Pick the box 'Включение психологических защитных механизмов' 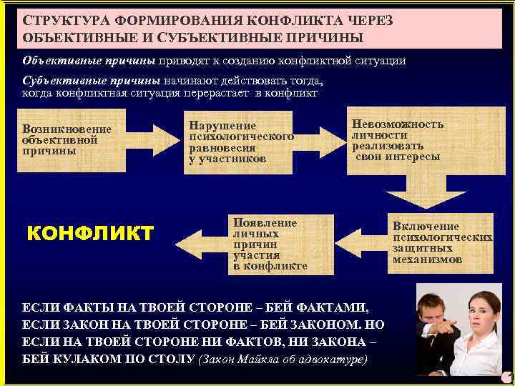(x=441, y=243)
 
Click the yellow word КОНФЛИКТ (x=89, y=233)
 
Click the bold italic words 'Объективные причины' (x=89, y=61)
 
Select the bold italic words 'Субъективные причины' (x=91, y=80)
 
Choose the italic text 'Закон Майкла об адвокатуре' (x=283, y=358)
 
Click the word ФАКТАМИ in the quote (x=332, y=308)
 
